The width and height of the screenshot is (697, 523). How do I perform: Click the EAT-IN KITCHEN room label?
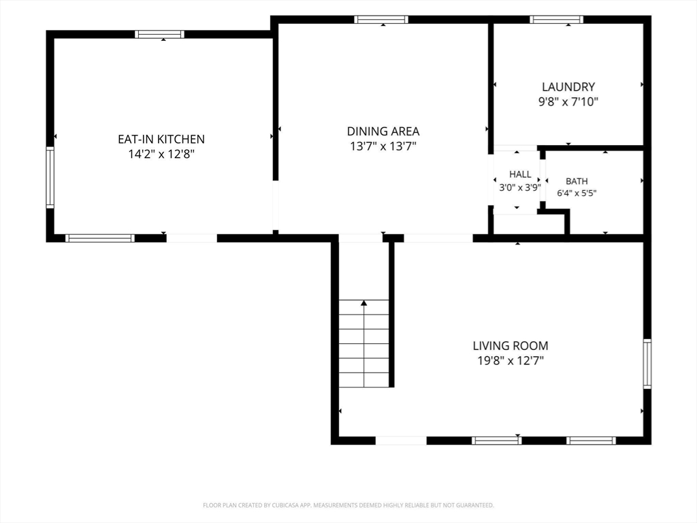click(x=161, y=139)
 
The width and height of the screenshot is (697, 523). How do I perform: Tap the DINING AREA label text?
click(x=383, y=131)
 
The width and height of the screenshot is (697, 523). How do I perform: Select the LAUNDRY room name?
click(x=568, y=86)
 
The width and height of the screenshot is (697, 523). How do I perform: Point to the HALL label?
click(x=520, y=174)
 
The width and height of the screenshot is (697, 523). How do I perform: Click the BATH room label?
click(x=577, y=181)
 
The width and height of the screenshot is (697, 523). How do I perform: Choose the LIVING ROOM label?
click(x=510, y=345)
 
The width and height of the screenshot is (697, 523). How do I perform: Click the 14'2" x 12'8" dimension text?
click(x=161, y=155)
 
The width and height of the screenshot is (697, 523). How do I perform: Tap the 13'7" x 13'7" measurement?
click(x=383, y=146)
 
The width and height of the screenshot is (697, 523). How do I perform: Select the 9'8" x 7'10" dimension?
click(x=568, y=102)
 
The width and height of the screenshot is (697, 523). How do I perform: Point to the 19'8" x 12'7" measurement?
click(x=510, y=361)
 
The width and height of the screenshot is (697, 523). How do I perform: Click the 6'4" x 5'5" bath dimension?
click(x=577, y=193)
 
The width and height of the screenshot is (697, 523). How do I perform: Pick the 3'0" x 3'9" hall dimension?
click(x=520, y=188)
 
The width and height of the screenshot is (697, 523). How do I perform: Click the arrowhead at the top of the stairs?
click(x=364, y=303)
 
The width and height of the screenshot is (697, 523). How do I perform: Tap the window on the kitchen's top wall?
click(x=159, y=34)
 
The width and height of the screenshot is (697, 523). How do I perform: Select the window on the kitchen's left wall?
click(x=50, y=178)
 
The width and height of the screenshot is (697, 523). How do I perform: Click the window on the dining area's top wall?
click(x=381, y=19)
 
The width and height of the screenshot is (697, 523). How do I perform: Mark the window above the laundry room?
click(x=556, y=19)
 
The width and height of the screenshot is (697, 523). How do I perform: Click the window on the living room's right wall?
click(x=647, y=364)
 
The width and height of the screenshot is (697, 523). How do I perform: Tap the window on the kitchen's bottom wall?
click(x=100, y=238)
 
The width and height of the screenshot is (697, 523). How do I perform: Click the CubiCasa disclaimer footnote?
click(x=348, y=505)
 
